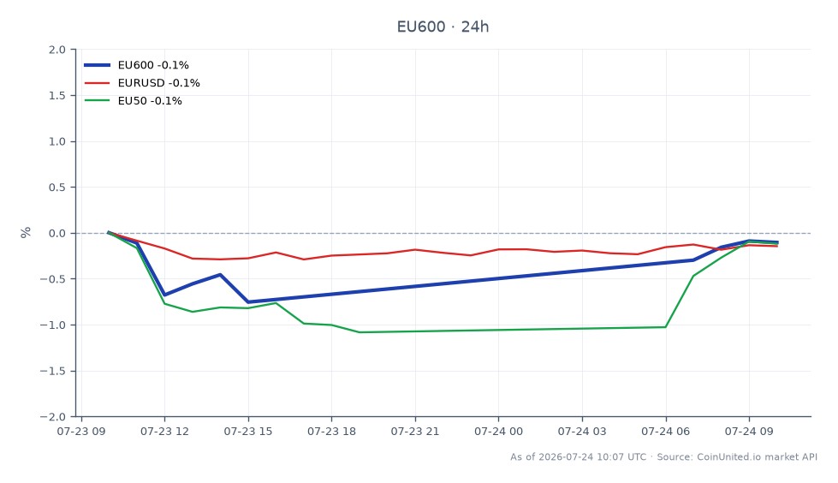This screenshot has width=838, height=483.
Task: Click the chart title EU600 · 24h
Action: click(443, 27)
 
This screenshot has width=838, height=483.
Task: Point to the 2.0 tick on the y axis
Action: click(57, 50)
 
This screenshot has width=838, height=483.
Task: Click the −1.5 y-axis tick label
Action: click(53, 371)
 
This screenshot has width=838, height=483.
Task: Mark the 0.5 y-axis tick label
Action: click(57, 188)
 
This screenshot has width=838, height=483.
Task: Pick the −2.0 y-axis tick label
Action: click(53, 417)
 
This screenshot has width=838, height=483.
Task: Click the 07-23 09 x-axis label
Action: click(81, 431)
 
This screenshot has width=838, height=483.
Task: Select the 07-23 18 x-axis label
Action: click(331, 431)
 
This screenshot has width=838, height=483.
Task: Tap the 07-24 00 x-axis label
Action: click(499, 431)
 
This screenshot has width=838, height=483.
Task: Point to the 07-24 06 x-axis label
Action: click(665, 431)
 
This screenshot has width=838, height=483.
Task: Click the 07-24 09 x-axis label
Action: click(749, 431)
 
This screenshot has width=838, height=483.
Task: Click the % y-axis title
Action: click(26, 232)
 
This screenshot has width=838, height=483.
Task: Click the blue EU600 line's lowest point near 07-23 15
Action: click(248, 302)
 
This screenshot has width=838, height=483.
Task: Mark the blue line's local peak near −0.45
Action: click(220, 274)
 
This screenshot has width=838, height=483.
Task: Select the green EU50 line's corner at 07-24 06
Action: click(665, 327)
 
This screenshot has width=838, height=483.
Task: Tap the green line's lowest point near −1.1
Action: click(359, 332)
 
